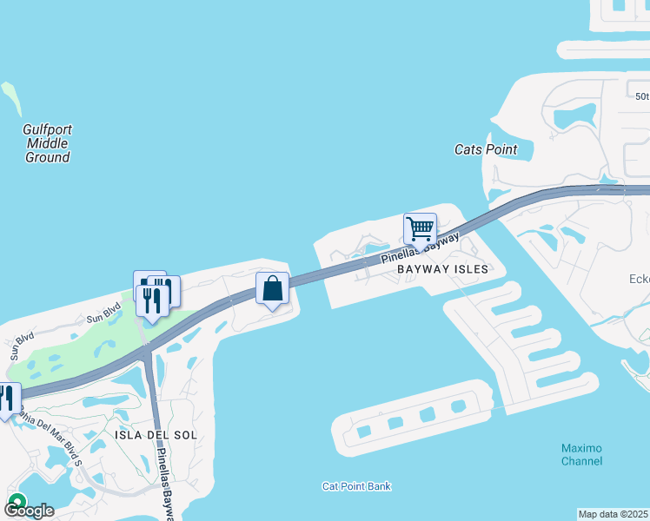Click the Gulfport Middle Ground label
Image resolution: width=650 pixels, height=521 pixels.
click(x=47, y=143)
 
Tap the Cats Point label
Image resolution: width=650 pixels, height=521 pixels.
click(x=486, y=149)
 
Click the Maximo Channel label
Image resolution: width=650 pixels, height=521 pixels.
click(x=581, y=454)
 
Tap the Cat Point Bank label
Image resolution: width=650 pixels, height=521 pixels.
click(x=356, y=486)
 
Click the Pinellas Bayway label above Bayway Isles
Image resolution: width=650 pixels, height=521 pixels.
click(x=420, y=249)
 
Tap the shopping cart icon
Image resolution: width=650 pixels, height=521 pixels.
click(x=420, y=229)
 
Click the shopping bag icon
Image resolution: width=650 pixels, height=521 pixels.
click(x=272, y=288)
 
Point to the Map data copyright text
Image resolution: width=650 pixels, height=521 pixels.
click(x=614, y=514)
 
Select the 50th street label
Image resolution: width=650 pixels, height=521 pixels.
click(x=641, y=96)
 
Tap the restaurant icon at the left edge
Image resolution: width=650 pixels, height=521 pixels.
click(x=7, y=399)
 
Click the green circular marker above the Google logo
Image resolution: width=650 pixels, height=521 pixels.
click(x=16, y=500)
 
